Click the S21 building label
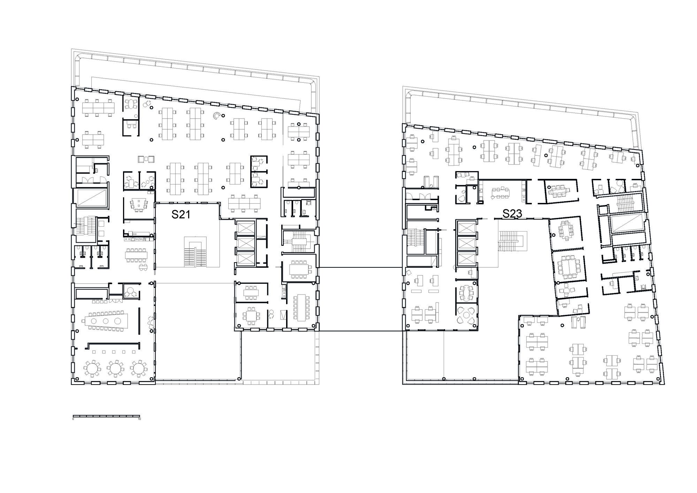181,214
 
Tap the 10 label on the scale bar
139,419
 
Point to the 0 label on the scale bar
73,419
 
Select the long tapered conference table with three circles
106,320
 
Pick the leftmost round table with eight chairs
91,368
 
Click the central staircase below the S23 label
512,240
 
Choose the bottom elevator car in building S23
466,259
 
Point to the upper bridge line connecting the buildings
361,267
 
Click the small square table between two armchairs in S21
146,159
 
